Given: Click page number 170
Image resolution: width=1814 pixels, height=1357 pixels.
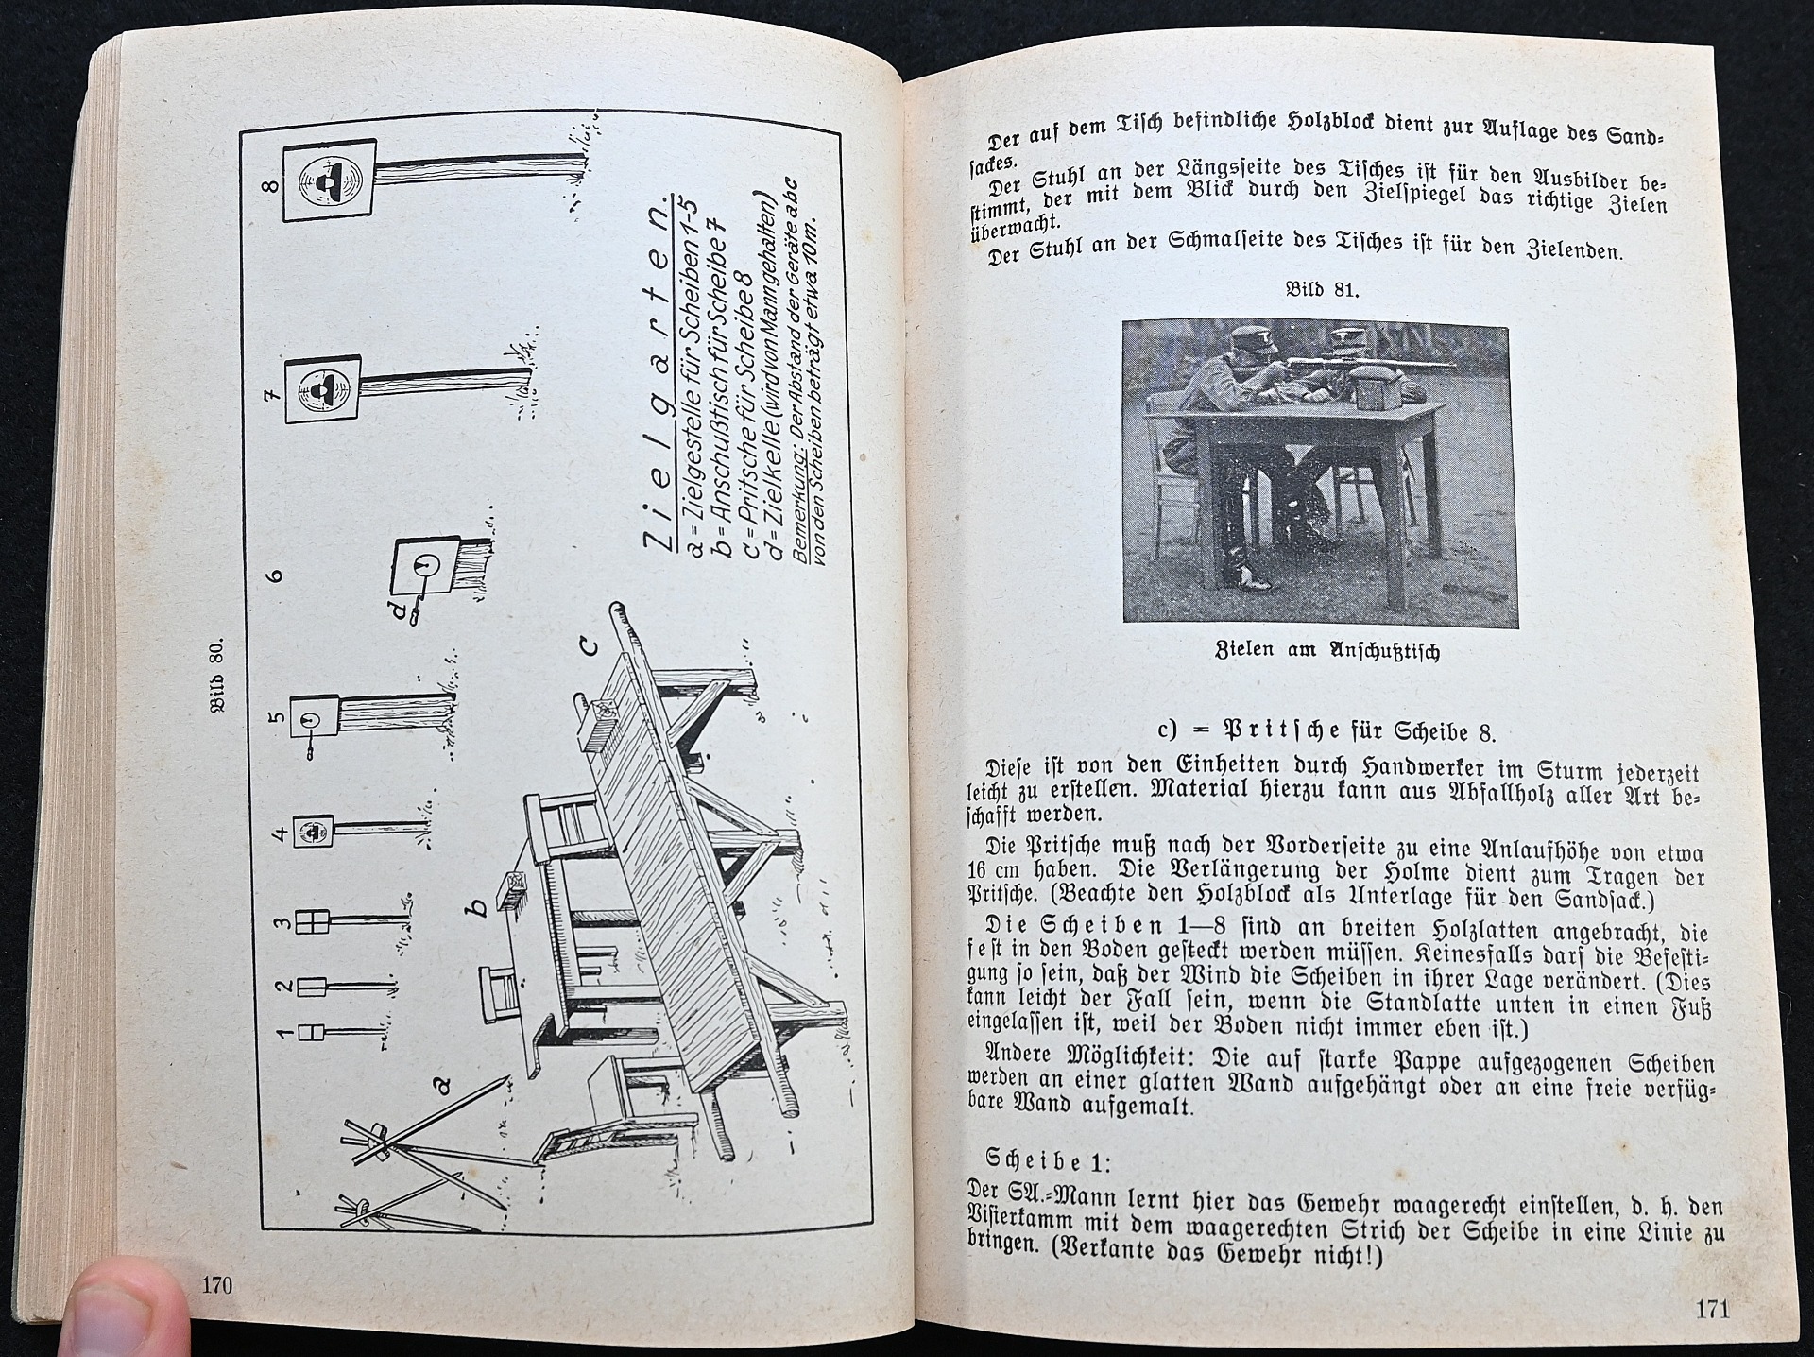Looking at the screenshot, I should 215,1285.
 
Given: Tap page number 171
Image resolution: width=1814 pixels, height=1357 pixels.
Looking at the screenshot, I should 1712,1309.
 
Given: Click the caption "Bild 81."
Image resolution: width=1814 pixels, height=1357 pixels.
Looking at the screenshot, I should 1322,290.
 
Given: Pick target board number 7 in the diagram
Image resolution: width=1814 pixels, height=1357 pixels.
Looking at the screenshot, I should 322,388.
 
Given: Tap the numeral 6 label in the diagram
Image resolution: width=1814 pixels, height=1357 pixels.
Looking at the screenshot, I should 277,574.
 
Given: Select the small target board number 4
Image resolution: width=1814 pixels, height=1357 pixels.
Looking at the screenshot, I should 313,832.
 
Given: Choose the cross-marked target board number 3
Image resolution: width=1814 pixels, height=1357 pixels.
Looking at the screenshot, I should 311,922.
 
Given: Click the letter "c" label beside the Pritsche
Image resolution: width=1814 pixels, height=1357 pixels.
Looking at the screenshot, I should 589,645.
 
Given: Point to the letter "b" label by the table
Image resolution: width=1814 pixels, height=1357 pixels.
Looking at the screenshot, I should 480,905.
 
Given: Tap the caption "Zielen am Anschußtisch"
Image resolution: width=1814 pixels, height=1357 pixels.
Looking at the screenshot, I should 1326,651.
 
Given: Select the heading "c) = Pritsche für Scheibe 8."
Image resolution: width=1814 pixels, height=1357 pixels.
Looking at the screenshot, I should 1326,730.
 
